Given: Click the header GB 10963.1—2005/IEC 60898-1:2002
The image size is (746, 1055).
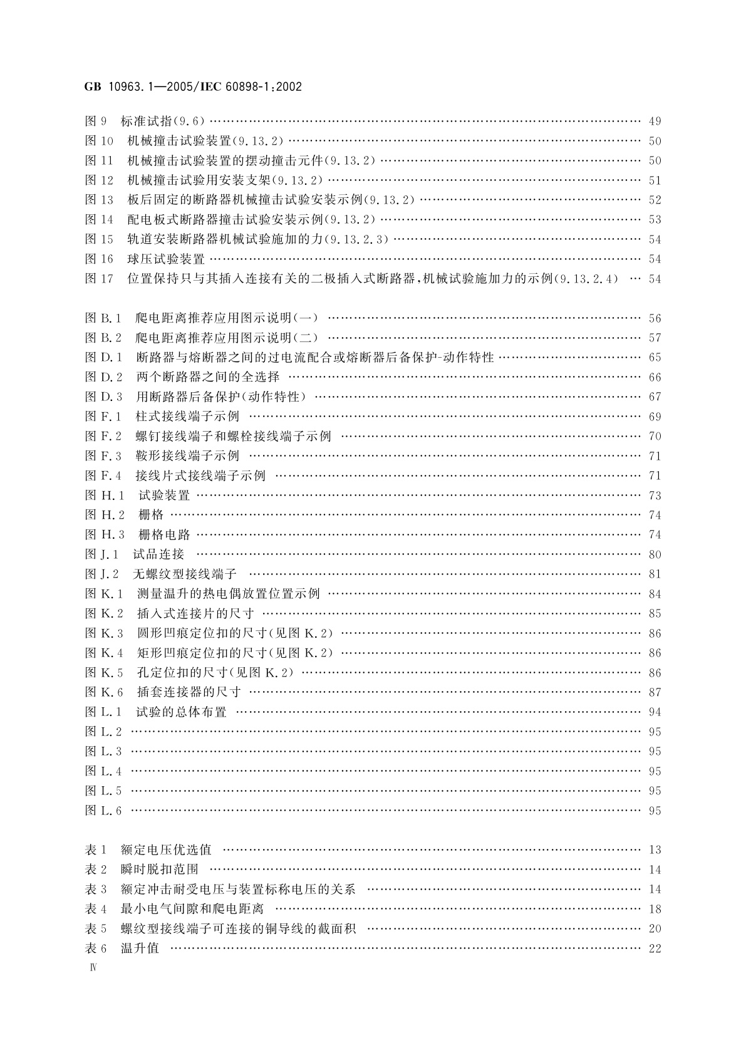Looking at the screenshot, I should (x=193, y=87).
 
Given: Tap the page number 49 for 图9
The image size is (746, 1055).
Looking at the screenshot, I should (x=655, y=122).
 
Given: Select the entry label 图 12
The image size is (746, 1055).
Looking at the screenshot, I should (x=100, y=180).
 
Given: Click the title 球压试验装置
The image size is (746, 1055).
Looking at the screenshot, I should (x=166, y=259).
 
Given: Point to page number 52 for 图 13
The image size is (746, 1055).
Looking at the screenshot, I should (x=655, y=200).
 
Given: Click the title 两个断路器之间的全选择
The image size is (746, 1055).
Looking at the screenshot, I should (x=208, y=377).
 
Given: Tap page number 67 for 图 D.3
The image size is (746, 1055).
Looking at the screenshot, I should (x=655, y=397).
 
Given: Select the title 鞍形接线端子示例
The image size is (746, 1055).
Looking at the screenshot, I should (x=187, y=456).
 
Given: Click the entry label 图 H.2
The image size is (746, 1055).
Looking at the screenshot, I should (x=105, y=515).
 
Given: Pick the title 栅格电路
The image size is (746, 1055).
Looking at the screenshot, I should (x=163, y=535).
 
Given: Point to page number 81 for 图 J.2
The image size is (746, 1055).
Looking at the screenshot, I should (x=655, y=574).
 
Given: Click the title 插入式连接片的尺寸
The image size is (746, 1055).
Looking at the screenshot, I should (x=195, y=614).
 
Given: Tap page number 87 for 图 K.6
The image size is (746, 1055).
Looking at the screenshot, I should (x=655, y=693).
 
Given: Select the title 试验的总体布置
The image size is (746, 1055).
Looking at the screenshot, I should (x=181, y=712).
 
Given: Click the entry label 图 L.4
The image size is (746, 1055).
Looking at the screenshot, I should (x=103, y=771).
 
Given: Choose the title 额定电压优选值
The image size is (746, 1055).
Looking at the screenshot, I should (x=166, y=850).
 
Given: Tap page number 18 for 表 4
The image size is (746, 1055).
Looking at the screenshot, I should (x=655, y=910).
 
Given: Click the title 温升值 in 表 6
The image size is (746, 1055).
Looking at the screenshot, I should (x=140, y=948).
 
